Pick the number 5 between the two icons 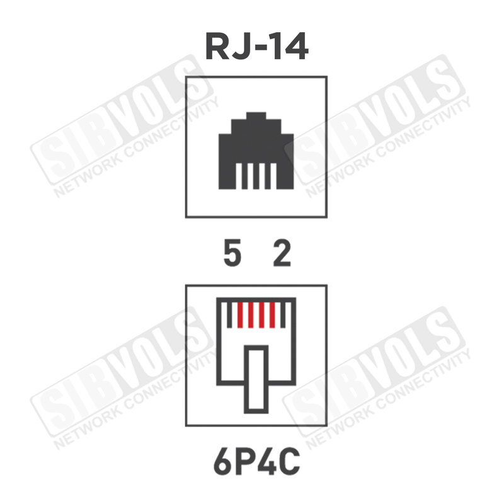tap(232, 254)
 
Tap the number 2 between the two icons tap(282, 254)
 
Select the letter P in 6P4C tap(245, 462)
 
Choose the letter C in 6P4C tap(289, 462)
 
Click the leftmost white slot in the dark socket tap(239, 176)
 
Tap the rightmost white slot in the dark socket tap(273, 176)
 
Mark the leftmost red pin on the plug tap(240, 316)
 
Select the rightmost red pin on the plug tap(272, 316)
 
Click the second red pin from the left tap(251, 316)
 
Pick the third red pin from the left tap(261, 316)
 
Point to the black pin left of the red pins tap(229, 316)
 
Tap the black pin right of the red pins tap(283, 316)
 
